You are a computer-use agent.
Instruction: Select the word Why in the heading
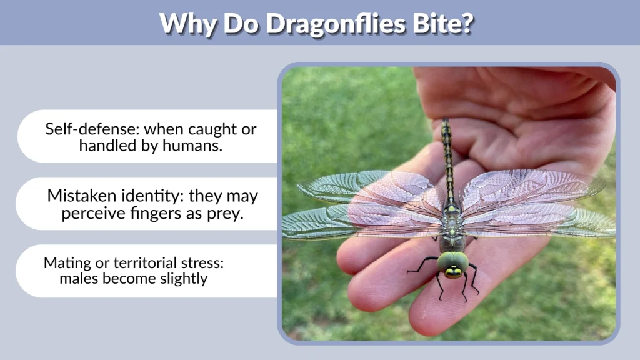tap(185, 23)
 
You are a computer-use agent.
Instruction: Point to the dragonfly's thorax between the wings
tap(452, 222)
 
